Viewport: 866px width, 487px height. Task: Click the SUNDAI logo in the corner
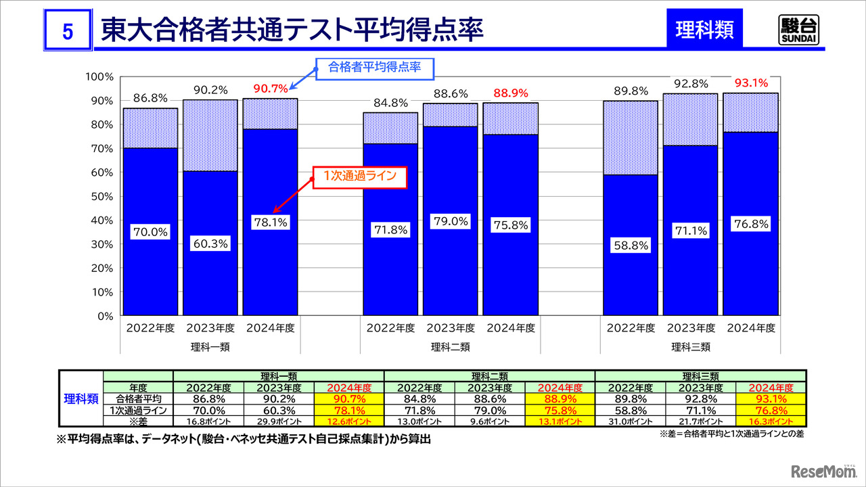click(798, 28)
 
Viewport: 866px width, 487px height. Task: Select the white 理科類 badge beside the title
click(704, 30)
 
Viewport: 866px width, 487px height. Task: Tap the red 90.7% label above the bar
click(271, 88)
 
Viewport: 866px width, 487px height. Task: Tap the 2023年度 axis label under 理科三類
click(691, 328)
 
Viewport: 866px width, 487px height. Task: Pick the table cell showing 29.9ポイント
click(279, 420)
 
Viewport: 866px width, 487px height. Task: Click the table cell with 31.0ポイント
click(630, 420)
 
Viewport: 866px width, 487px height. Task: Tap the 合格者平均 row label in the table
click(138, 398)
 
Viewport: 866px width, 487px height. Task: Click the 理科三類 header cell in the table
click(700, 376)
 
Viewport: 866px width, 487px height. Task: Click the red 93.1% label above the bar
click(751, 83)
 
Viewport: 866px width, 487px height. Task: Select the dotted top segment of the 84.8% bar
click(390, 128)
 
